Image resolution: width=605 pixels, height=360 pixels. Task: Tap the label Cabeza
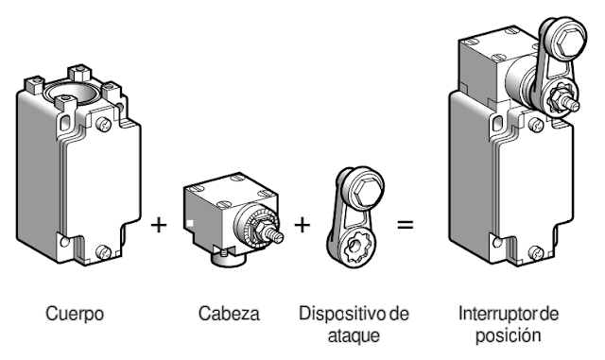click(x=223, y=312)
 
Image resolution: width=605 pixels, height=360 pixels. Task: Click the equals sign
click(x=405, y=226)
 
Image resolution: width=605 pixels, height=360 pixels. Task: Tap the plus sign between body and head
click(x=160, y=226)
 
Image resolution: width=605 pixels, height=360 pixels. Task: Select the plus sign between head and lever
click(x=302, y=226)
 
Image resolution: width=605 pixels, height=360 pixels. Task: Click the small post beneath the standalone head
click(x=225, y=252)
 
